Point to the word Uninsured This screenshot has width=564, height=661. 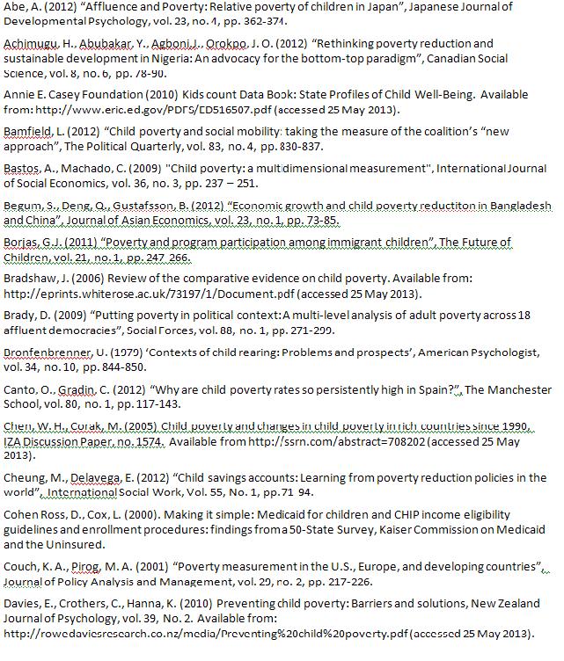tap(79, 545)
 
